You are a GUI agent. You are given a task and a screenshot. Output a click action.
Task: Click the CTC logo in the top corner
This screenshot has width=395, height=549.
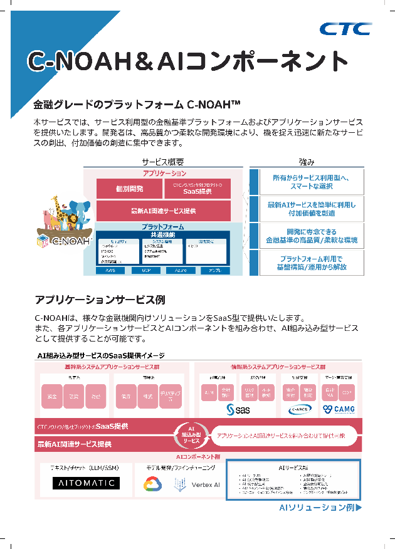[x=345, y=29]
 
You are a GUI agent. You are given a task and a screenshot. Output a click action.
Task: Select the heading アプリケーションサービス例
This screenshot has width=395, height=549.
[x=100, y=299]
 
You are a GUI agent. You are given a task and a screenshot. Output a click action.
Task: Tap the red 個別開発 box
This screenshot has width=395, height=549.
[x=129, y=189]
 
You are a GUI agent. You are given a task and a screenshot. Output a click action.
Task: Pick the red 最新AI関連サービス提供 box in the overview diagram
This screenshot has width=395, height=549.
[x=164, y=211]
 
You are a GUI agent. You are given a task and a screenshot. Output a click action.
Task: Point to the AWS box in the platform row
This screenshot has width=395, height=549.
[x=110, y=270]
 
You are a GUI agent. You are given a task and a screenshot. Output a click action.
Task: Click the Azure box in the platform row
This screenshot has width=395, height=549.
[x=180, y=270]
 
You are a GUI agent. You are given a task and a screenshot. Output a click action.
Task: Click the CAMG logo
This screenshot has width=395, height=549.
[x=339, y=409]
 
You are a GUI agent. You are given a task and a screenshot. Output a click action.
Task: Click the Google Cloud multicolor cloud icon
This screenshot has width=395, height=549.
[x=152, y=484]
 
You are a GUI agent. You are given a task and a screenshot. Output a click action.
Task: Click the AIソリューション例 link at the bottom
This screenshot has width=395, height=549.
[x=320, y=508]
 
